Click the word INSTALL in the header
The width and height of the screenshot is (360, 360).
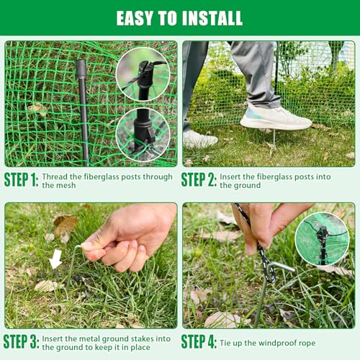click(212, 18)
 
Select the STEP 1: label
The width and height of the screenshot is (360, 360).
click(21, 179)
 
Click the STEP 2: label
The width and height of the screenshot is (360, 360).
click(199, 179)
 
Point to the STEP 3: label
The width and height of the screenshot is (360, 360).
click(21, 341)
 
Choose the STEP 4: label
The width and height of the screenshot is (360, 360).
click(199, 341)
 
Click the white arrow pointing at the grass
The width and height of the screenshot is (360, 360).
click(56, 259)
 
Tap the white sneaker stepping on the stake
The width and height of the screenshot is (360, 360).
click(276, 117)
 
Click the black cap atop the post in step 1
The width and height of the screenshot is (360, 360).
click(81, 69)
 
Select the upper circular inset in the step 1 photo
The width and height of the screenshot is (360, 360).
click(143, 74)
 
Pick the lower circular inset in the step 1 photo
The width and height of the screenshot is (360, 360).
click(143, 135)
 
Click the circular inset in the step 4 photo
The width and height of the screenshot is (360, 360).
click(322, 239)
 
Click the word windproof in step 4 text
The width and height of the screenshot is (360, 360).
click(270, 343)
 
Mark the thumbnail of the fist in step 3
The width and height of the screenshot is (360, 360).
click(86, 245)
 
